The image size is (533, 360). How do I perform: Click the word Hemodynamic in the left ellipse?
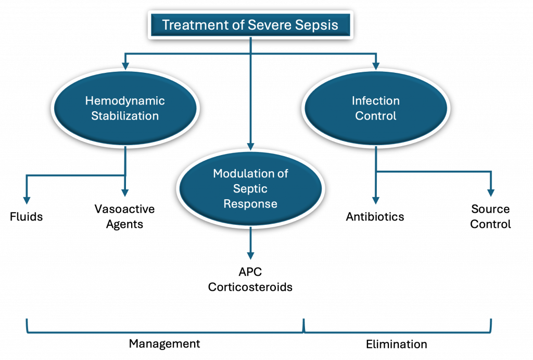click(125, 101)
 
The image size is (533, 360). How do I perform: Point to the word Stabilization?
click(125, 115)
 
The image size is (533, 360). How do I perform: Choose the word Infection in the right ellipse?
click(376, 101)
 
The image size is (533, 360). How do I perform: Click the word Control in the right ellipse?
click(376, 115)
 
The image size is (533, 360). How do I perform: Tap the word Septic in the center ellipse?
click(250, 188)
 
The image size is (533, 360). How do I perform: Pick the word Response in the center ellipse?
click(250, 203)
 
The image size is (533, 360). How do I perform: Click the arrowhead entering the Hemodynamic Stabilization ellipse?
click(125, 66)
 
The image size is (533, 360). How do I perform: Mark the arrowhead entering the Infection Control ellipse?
click(376, 66)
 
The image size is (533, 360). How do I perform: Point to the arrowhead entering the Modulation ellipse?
click(250, 147)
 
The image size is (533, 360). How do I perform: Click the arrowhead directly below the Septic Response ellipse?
click(250, 255)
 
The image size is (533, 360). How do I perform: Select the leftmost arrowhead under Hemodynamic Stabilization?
click(27, 200)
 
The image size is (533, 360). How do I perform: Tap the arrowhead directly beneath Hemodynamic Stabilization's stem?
click(125, 193)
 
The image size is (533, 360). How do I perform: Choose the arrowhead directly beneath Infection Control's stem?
click(376, 200)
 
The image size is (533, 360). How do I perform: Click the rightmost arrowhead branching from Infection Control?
click(491, 193)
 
